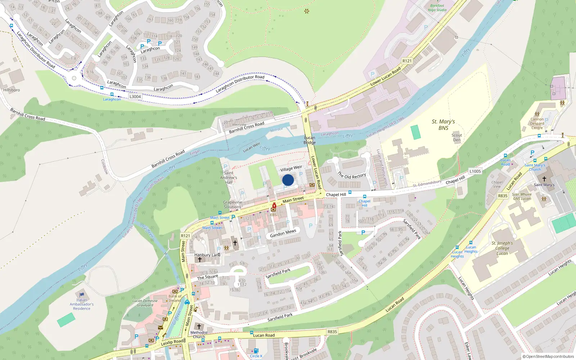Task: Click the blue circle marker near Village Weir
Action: (288, 180)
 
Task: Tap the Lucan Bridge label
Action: (310, 140)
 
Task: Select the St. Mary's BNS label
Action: (443, 125)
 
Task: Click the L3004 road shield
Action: (135, 96)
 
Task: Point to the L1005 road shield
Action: (475, 171)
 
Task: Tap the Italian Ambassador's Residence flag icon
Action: (82, 294)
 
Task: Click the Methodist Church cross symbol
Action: (199, 327)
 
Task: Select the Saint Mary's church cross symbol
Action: (544, 179)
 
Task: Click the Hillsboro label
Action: (12, 90)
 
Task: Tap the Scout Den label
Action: (457, 138)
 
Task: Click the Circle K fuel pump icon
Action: (256, 351)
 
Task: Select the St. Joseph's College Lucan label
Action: (502, 248)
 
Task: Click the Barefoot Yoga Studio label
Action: (437, 8)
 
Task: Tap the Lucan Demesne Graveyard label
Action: (145, 303)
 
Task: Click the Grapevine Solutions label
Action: (233, 204)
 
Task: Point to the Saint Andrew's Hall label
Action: (229, 177)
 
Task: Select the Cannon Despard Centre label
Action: (537, 123)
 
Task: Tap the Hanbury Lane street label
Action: (207, 255)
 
